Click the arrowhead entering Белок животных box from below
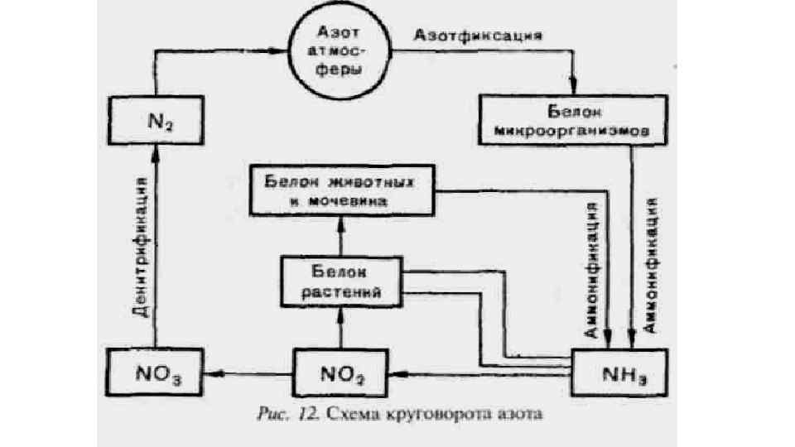point(339,217)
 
